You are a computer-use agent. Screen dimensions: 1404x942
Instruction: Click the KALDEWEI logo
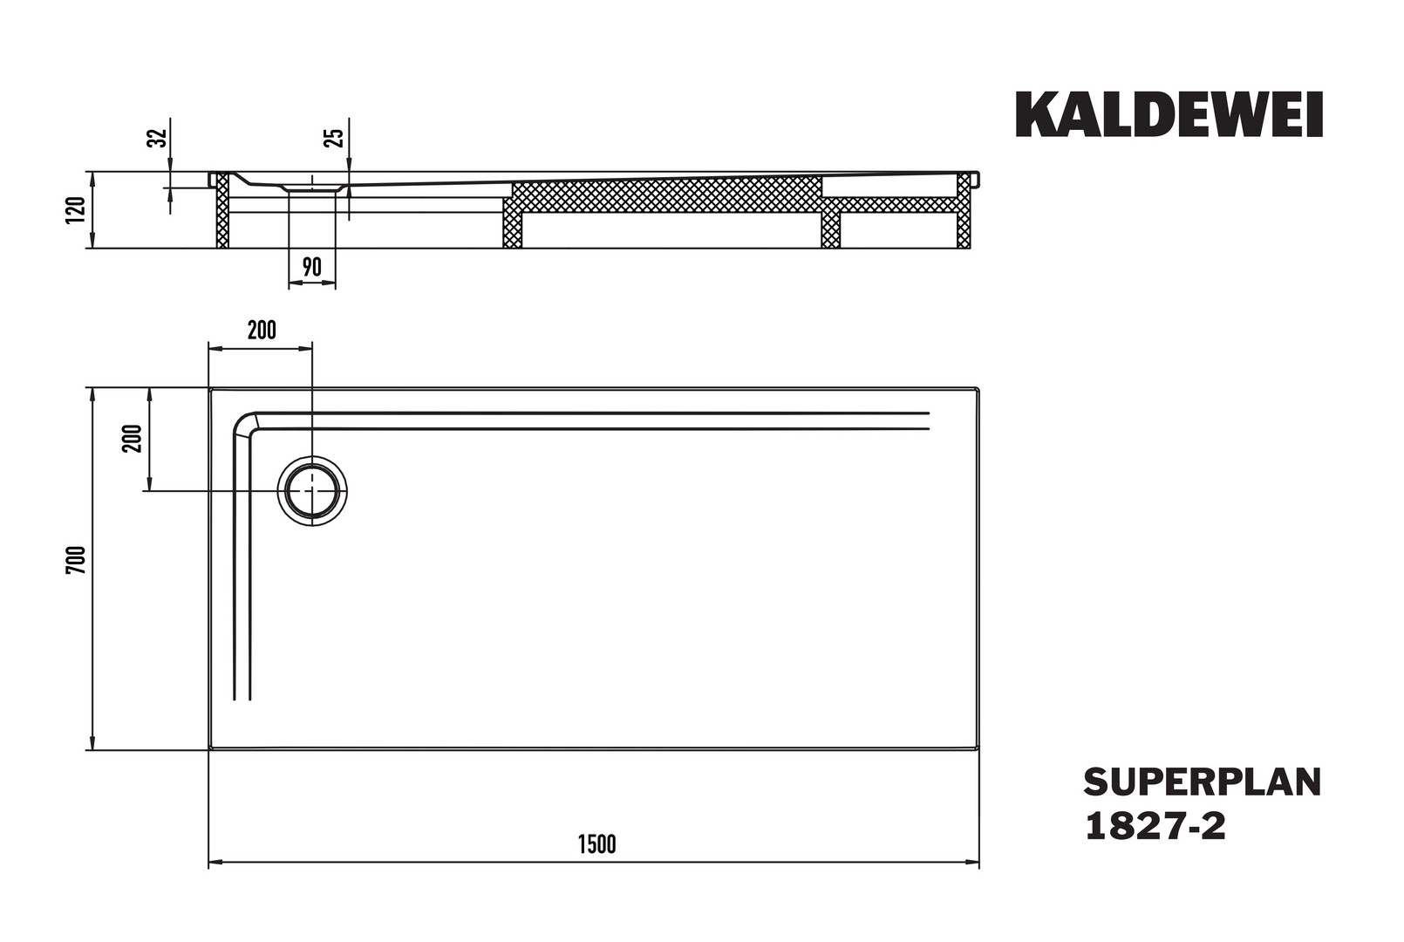click(x=1169, y=114)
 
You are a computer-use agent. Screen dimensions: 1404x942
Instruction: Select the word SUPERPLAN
click(x=1203, y=782)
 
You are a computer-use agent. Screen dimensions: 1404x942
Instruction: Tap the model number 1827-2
click(x=1155, y=826)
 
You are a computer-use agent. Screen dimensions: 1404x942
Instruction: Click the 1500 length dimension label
click(x=596, y=844)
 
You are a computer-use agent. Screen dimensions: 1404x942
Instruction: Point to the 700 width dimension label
click(x=76, y=560)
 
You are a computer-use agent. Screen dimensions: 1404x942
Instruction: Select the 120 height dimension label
click(x=76, y=210)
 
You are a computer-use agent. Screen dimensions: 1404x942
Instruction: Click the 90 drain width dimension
click(x=311, y=268)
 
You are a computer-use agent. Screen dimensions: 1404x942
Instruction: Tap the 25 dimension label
click(x=333, y=137)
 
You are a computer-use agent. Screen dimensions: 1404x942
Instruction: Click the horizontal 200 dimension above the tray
click(x=262, y=331)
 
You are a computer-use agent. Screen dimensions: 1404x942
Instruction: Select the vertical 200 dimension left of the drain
click(x=133, y=439)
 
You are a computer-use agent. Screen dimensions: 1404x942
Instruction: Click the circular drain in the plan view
click(x=312, y=491)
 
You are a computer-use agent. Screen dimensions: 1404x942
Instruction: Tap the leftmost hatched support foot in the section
click(x=222, y=210)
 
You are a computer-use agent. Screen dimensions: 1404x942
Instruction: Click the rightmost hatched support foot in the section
click(x=964, y=210)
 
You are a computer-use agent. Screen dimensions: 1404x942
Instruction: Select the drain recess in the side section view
click(x=312, y=186)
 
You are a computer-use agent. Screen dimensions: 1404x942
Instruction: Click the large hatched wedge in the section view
click(x=666, y=195)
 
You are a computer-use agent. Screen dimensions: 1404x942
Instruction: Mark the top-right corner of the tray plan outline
click(x=978, y=389)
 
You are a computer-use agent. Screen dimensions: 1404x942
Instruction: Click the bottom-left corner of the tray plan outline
click(x=209, y=749)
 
